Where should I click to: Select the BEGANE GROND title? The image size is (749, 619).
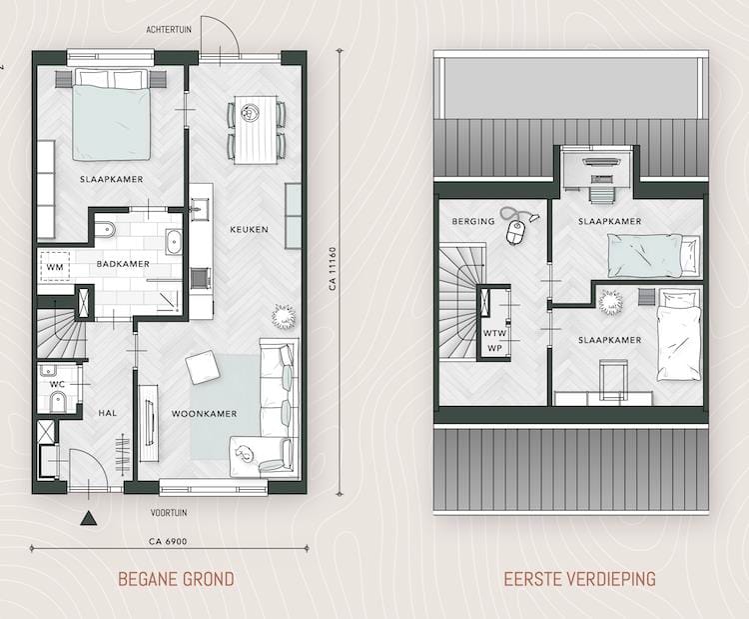coord(176,579)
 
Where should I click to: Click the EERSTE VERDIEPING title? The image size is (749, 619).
coord(579,579)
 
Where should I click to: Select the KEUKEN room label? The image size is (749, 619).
coord(248,230)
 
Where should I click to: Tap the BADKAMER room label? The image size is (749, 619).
coord(124,265)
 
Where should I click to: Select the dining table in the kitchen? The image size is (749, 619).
coord(257,127)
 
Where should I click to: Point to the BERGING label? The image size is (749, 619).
coord(473,222)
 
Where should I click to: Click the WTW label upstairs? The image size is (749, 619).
coord(494,332)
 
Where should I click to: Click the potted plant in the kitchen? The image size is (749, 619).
coord(284,316)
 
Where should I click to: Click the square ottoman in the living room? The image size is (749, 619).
coord(203,368)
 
